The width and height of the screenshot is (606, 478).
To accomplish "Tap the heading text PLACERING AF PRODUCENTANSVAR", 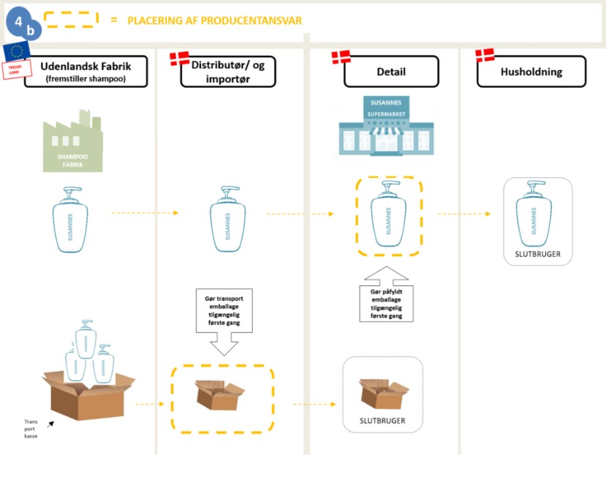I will (x=214, y=20).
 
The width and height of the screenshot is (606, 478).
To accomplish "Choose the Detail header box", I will (x=391, y=71).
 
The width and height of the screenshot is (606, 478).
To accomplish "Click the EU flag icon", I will (x=16, y=51).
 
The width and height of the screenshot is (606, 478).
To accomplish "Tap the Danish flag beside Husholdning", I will (x=485, y=55).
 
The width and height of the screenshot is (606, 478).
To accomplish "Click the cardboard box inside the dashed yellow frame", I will (x=221, y=395).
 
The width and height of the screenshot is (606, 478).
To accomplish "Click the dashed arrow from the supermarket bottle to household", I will (x=465, y=214).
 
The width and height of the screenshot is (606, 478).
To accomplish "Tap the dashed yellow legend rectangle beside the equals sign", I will (x=71, y=20).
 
